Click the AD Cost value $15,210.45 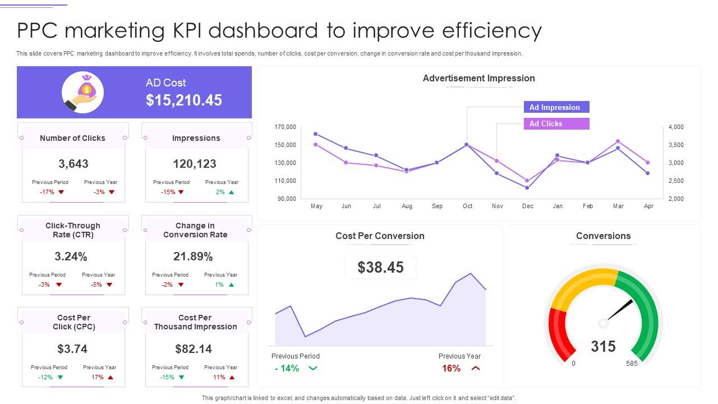pos(184,100)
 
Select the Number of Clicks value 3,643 pos(73,164)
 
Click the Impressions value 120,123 pos(195,164)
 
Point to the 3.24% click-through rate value pos(71,256)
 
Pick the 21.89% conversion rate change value pos(193,256)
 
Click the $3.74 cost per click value pos(72,349)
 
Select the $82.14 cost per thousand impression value pos(194,349)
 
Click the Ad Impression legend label pos(555,107)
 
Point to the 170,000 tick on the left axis pos(285,127)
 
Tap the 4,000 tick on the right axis pos(676,127)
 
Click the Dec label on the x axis pos(527,206)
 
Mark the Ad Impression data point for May pos(316,134)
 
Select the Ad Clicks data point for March pos(618,141)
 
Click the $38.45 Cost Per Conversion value pos(380,268)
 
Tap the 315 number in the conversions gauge pos(603,347)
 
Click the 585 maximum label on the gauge pos(632,364)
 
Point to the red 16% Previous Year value pos(451,368)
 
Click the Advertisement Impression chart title pos(478,79)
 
